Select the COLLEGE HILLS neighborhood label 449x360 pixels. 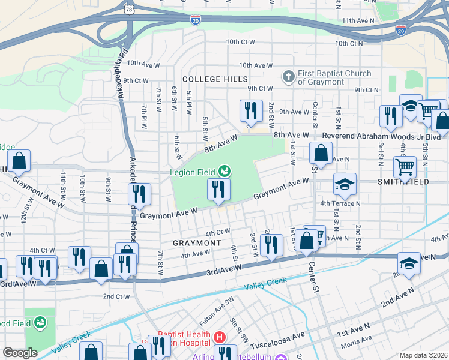click(215, 79)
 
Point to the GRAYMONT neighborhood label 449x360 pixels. click(197, 243)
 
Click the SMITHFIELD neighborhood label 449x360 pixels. click(403, 181)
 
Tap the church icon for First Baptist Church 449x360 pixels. click(288, 77)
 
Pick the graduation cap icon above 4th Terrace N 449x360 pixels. click(345, 184)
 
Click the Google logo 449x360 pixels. click(20, 353)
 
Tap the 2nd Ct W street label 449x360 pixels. click(116, 296)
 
